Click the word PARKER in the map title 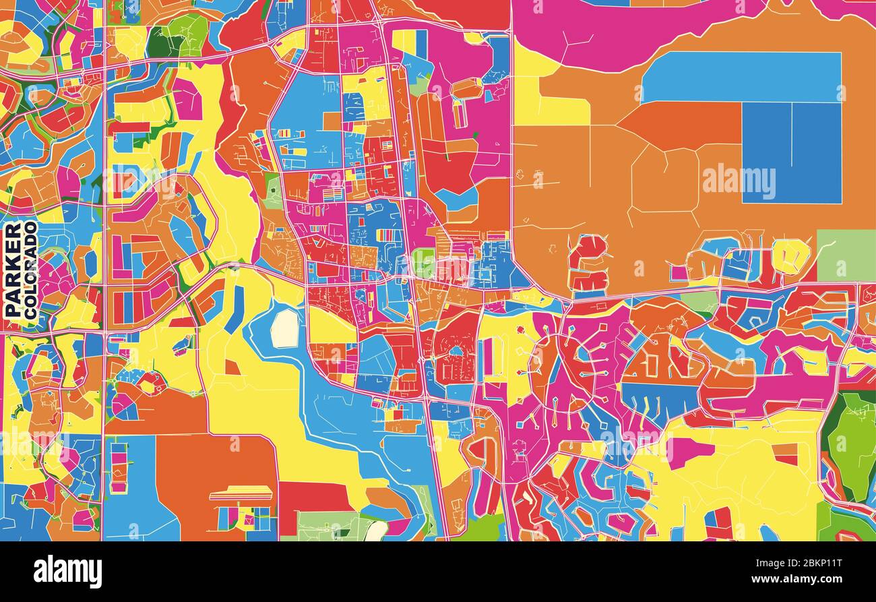12,270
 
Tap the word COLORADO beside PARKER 30,270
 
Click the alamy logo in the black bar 67,572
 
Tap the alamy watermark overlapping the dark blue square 739,181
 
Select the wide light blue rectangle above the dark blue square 741,76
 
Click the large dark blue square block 792,152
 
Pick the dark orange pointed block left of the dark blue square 681,125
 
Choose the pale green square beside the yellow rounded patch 846,255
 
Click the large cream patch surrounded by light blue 285,328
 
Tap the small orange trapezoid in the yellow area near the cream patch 232,367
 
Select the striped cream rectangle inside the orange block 241,495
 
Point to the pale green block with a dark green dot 330,526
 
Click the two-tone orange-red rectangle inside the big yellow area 785,453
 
